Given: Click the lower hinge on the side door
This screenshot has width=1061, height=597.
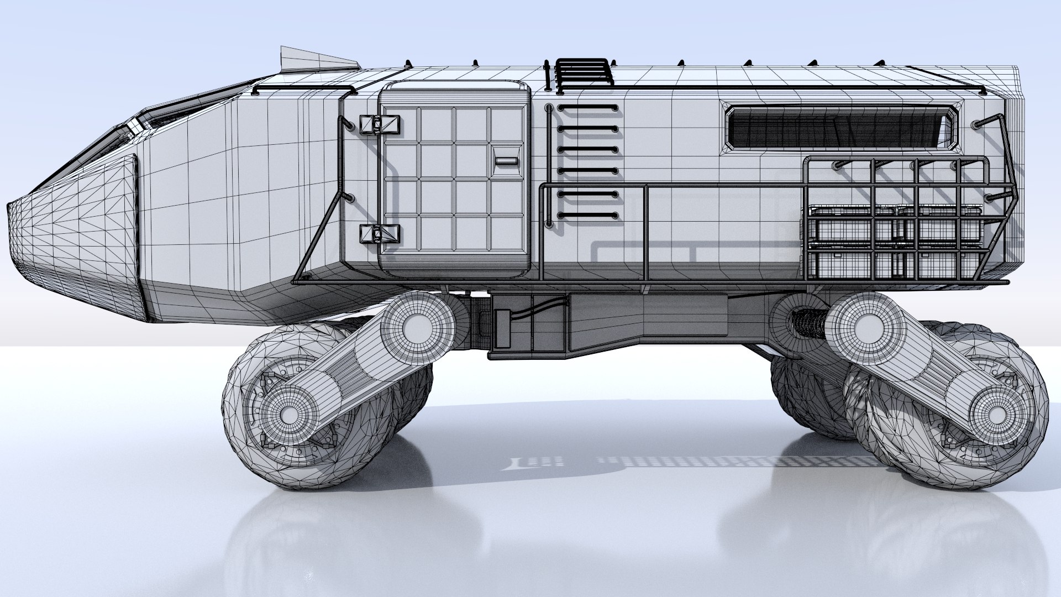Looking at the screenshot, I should [379, 234].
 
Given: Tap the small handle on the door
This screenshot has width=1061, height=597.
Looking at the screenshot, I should [506, 161].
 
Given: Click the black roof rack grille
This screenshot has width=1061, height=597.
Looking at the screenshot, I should [584, 72].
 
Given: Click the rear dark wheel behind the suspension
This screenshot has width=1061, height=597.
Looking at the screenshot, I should [807, 398].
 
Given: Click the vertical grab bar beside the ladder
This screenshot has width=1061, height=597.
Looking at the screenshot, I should [548, 166].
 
